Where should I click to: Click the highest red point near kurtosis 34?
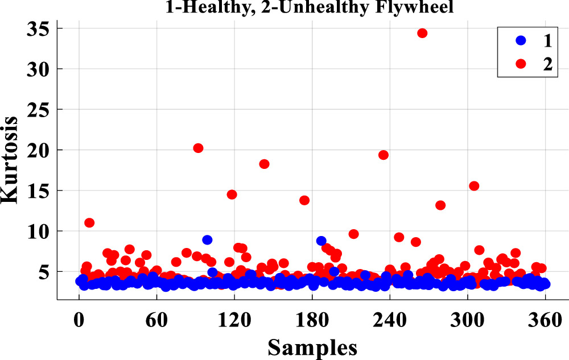click(422, 33)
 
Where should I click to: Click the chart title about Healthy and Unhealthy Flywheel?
click(312, 6)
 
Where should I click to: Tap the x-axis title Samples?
click(312, 345)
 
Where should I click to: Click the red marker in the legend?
click(520, 64)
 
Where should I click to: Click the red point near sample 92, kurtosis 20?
click(198, 148)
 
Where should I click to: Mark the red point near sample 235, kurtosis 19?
click(384, 155)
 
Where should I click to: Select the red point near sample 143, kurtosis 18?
click(264, 164)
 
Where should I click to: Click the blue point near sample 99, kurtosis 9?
click(207, 239)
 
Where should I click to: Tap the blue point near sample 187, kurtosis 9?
click(321, 241)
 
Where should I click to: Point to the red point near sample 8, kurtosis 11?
click(89, 222)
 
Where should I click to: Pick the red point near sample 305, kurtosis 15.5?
click(474, 186)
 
